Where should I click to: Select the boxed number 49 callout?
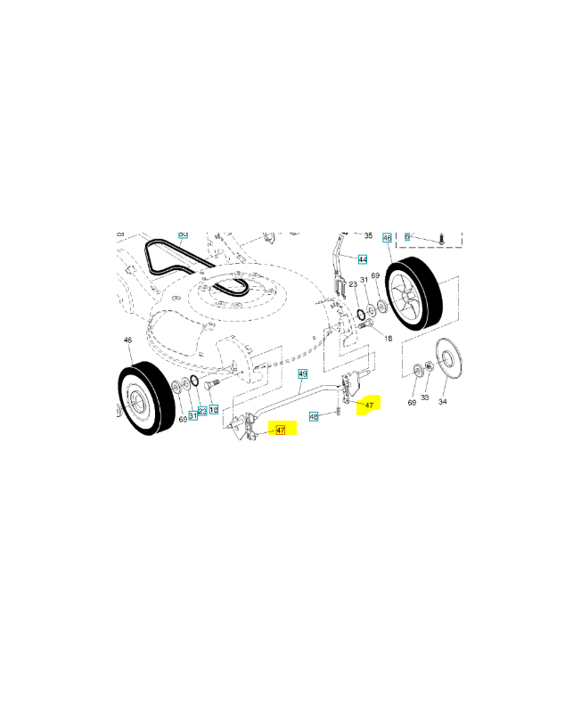point(302,373)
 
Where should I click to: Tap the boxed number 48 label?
point(314,416)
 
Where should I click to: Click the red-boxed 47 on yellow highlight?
point(280,430)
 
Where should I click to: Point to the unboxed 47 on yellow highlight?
point(369,405)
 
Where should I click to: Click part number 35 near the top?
point(368,234)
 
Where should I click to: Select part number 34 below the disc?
point(443,403)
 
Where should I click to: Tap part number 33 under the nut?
point(425,397)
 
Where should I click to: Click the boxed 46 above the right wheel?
point(387,238)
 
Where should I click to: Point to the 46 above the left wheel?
point(127,340)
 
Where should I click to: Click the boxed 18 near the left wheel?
point(214,409)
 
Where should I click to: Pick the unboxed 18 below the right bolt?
point(388,339)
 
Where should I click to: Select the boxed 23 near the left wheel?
point(202,411)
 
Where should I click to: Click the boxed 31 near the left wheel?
point(192,415)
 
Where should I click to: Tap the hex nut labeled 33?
point(428,365)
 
